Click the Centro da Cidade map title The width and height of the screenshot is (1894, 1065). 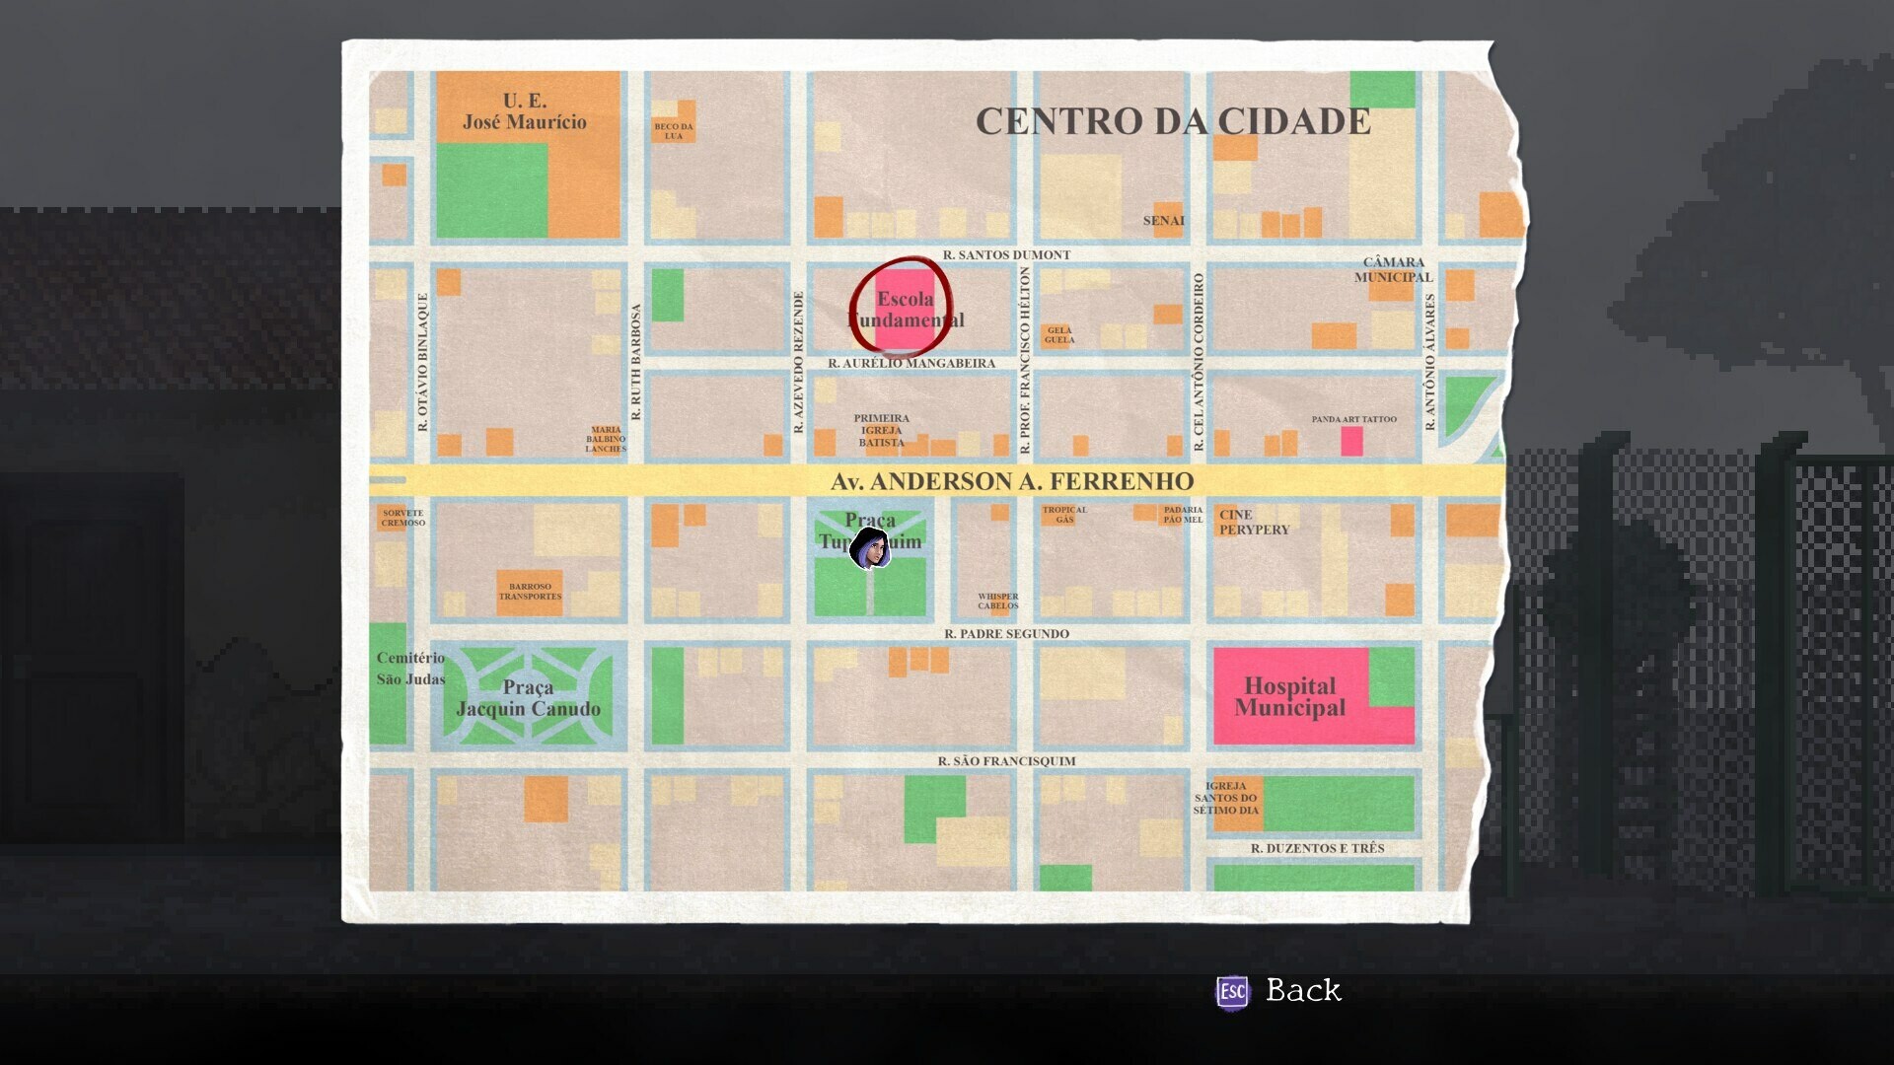tap(1172, 121)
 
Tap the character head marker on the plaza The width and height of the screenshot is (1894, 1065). tap(870, 548)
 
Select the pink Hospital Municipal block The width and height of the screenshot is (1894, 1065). tap(1289, 696)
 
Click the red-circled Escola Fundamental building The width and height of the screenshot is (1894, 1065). tap(904, 309)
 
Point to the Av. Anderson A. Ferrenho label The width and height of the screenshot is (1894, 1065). tap(1011, 481)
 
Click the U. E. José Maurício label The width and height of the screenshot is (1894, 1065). tap(524, 111)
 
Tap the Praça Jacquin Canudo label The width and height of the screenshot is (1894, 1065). tap(528, 697)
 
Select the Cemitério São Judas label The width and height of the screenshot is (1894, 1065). tap(410, 668)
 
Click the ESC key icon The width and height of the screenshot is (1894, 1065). tap(1232, 991)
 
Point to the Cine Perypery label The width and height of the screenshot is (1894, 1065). tap(1253, 522)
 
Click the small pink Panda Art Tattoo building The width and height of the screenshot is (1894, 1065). tap(1351, 441)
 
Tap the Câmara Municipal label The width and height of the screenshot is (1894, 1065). tap(1393, 269)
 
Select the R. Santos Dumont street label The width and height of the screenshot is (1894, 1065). tap(1005, 254)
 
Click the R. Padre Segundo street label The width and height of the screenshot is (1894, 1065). tap(1005, 633)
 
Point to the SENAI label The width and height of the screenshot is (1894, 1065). tap(1163, 220)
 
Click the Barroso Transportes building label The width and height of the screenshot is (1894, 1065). tap(530, 592)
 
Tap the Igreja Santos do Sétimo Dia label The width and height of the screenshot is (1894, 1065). tap(1225, 798)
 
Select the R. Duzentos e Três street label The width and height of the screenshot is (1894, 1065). tap(1317, 848)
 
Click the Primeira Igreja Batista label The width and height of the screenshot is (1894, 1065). tap(881, 431)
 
